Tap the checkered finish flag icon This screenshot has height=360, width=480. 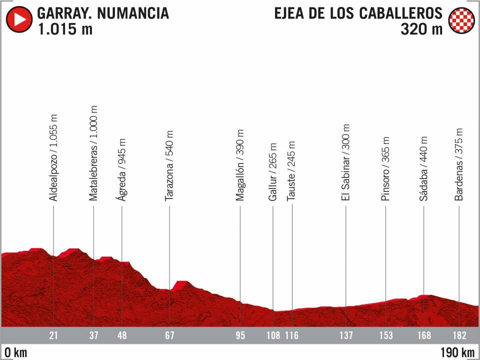pyautogui.click(x=460, y=20)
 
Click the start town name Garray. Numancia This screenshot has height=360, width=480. pyautogui.click(x=102, y=12)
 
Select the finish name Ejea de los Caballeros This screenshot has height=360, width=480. pyautogui.click(x=358, y=12)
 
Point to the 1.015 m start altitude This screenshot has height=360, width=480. pyautogui.click(x=64, y=29)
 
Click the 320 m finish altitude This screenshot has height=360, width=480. pyautogui.click(x=421, y=29)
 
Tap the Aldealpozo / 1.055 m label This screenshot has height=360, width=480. pyautogui.click(x=53, y=158)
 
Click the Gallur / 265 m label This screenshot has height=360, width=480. pyautogui.click(x=272, y=173)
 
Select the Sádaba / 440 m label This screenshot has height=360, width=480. pyautogui.click(x=423, y=169)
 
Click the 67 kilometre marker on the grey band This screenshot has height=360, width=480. pyautogui.click(x=169, y=335)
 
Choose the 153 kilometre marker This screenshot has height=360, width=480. pyautogui.click(x=386, y=335)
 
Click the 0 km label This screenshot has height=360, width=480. pyautogui.click(x=14, y=352)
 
